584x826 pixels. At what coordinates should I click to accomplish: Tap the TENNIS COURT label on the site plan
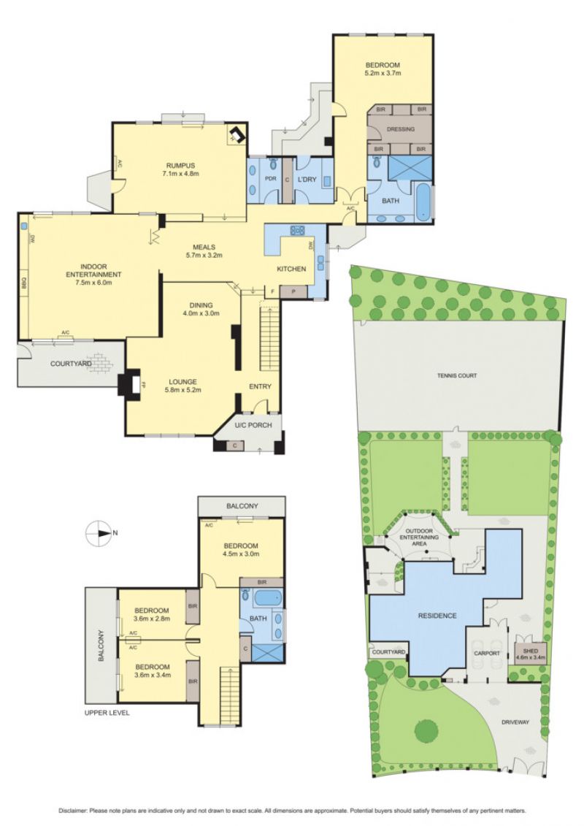point(456,375)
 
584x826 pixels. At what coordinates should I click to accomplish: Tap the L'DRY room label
point(307,179)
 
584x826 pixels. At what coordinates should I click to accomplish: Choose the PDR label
point(270,179)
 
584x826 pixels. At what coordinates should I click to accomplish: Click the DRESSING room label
point(400,129)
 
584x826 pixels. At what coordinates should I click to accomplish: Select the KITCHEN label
point(291,269)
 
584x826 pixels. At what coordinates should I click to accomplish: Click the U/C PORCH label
point(254,424)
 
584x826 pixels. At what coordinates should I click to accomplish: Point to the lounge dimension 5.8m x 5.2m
point(182,390)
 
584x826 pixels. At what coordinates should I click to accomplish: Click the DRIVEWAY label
point(515,722)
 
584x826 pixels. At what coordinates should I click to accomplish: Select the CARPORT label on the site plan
point(487,653)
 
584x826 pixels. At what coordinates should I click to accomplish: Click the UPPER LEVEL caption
point(107,713)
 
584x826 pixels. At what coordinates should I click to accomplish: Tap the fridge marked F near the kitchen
point(272,291)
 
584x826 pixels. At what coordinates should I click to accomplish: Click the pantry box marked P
point(288,291)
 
